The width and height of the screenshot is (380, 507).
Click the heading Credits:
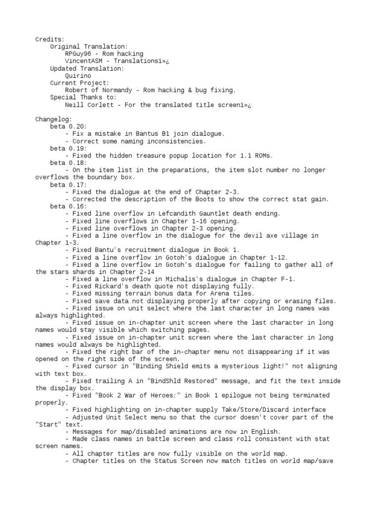50,39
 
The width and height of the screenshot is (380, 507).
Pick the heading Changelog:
53,119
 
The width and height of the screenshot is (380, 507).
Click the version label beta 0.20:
68,127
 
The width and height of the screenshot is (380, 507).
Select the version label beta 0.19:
68,148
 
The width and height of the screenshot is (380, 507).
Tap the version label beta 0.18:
68,163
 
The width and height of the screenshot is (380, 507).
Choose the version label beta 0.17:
68,185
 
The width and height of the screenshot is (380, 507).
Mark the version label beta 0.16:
68,206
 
